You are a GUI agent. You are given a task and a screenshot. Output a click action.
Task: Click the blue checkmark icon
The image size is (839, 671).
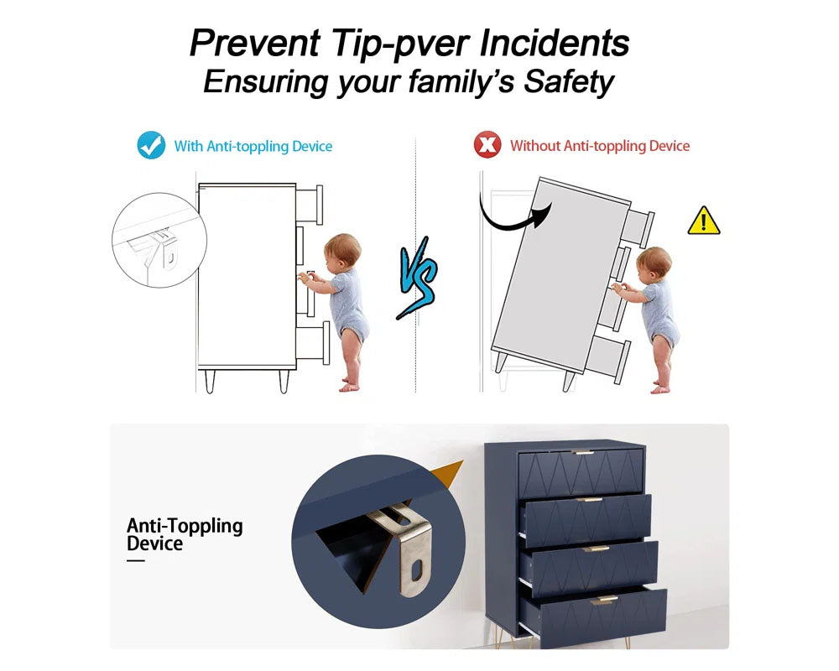[151, 145]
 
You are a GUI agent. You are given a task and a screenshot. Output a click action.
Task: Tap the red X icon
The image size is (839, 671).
[487, 144]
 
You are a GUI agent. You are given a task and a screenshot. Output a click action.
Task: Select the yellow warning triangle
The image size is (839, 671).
[704, 221]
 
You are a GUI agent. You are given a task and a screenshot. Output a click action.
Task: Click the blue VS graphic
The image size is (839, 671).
[418, 278]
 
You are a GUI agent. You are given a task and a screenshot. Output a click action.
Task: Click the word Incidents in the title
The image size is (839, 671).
[554, 43]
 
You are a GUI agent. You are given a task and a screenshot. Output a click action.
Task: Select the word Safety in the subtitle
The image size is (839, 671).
[568, 82]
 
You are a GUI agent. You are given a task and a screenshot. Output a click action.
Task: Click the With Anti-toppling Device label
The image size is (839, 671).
[253, 146]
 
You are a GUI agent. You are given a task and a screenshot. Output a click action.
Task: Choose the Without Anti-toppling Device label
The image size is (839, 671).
[600, 146]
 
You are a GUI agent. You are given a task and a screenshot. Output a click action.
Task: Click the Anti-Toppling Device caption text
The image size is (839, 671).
[185, 534]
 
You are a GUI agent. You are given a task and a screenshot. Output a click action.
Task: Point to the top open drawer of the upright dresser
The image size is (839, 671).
[310, 205]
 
